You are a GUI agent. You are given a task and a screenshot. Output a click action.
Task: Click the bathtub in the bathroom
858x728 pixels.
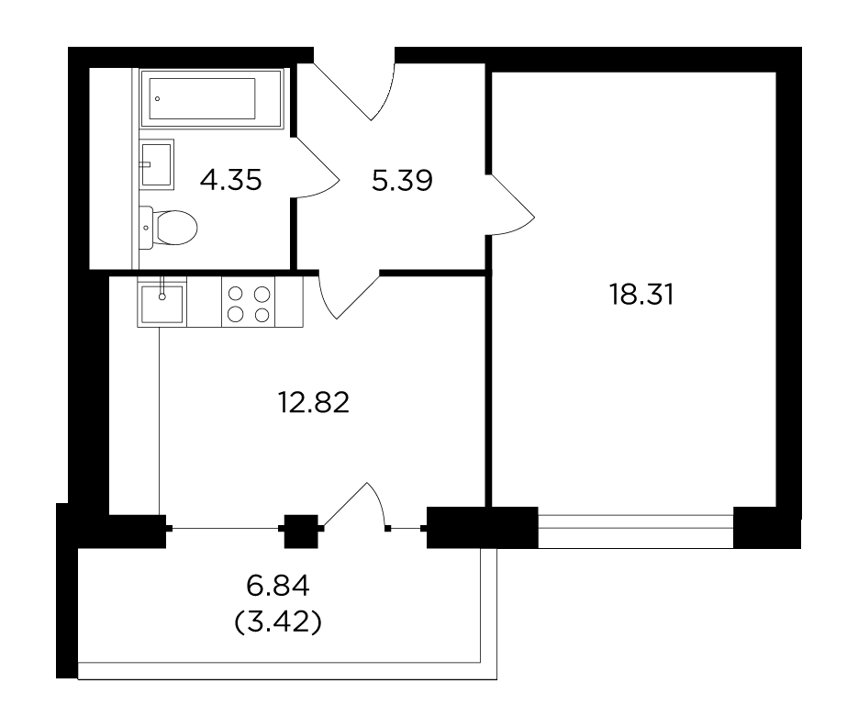click(x=212, y=98)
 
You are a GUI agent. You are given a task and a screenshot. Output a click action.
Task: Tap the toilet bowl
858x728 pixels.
click(x=175, y=228)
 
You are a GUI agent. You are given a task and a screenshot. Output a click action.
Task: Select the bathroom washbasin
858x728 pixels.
click(x=157, y=164)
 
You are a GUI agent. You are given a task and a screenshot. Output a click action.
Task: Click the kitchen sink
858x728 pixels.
click(x=162, y=302)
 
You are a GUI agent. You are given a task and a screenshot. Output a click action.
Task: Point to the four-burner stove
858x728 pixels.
click(x=249, y=303)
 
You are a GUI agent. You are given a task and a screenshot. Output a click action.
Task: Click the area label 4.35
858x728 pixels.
click(x=231, y=180)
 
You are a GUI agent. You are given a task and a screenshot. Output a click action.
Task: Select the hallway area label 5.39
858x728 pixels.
click(x=402, y=180)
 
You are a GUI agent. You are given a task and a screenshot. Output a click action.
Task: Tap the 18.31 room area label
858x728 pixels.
click(x=641, y=295)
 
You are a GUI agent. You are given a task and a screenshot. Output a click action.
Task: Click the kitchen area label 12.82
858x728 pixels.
click(x=314, y=402)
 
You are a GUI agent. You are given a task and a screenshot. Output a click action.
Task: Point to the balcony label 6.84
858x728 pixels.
click(x=278, y=587)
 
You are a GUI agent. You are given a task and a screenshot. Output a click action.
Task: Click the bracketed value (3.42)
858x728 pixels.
click(x=278, y=622)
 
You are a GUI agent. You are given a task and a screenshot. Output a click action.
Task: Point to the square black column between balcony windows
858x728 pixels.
click(x=301, y=532)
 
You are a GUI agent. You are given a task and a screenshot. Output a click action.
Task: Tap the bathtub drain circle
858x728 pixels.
click(x=158, y=98)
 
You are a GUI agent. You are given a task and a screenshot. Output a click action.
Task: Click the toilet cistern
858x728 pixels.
click(x=147, y=227)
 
